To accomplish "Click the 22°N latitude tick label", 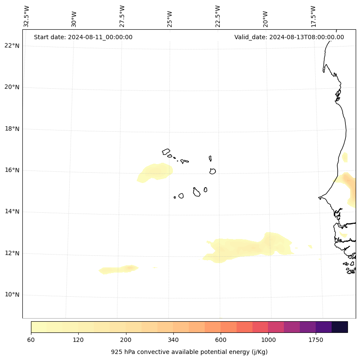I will (12, 46).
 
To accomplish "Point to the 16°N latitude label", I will (12, 170).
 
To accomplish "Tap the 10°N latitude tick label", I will (12, 295).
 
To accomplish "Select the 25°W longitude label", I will (170, 17).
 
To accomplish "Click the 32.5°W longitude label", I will (27, 17).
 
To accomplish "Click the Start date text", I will (83, 37).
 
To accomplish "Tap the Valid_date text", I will (289, 37).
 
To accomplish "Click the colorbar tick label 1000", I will (268, 340).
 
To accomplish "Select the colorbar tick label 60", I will (31, 340).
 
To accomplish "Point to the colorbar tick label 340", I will (173, 340).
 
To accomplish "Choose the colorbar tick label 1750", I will (316, 340).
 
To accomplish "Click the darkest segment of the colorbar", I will (340, 327).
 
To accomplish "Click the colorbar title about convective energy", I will (189, 352).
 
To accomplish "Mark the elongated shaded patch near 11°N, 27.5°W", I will (119, 270).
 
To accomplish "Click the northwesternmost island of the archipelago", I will (166, 152).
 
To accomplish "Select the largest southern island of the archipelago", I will (197, 192).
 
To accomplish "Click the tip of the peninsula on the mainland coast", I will (319, 198).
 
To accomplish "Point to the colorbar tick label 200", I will (126, 340).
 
